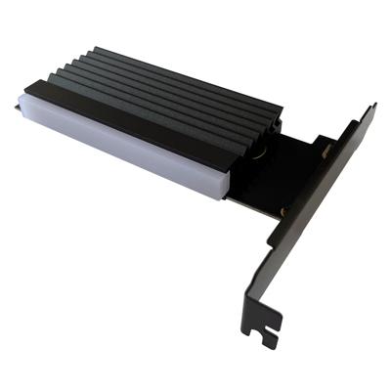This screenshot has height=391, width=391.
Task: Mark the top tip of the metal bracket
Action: pyautogui.click(x=369, y=108)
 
